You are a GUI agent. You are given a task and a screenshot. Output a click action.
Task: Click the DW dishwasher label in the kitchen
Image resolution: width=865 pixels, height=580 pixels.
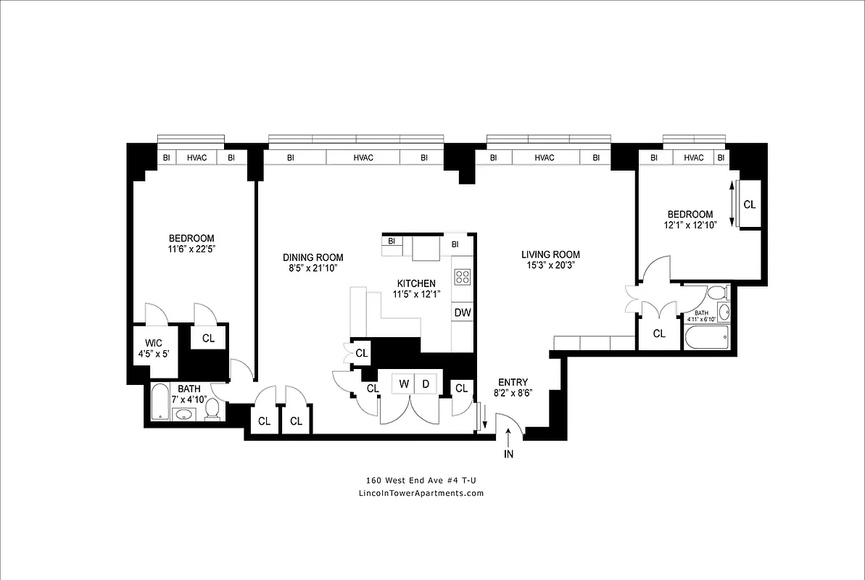(462, 313)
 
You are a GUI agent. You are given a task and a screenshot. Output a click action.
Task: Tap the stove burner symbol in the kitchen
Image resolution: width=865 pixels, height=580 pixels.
(462, 276)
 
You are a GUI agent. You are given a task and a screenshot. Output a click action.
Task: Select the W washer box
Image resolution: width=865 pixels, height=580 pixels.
(403, 384)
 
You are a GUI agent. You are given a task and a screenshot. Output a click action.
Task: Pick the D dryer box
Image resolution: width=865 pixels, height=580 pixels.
(426, 384)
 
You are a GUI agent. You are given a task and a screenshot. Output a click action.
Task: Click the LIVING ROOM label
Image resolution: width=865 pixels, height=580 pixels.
(550, 254)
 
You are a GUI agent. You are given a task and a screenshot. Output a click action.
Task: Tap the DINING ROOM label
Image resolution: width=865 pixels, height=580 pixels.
(313, 257)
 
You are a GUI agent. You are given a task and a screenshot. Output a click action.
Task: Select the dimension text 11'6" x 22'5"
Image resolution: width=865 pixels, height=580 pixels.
(191, 249)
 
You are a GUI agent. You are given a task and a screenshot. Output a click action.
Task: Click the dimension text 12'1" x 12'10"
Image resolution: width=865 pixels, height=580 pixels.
(690, 225)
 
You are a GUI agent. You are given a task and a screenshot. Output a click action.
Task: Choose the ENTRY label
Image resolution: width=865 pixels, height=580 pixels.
(513, 382)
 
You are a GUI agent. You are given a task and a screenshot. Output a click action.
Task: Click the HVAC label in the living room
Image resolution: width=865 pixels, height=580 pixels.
(544, 158)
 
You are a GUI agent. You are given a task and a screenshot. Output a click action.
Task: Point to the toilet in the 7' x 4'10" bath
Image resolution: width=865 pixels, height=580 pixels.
(212, 410)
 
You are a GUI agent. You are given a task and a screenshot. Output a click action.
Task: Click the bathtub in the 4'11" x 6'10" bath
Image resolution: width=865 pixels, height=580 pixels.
(706, 337)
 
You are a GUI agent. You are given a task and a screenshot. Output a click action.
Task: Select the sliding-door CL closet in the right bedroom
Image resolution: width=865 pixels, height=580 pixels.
(749, 205)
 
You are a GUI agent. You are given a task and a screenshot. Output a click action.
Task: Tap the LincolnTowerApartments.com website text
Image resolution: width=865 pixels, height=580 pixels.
(421, 493)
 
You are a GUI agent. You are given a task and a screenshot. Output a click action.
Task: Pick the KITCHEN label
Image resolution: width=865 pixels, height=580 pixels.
(415, 283)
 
